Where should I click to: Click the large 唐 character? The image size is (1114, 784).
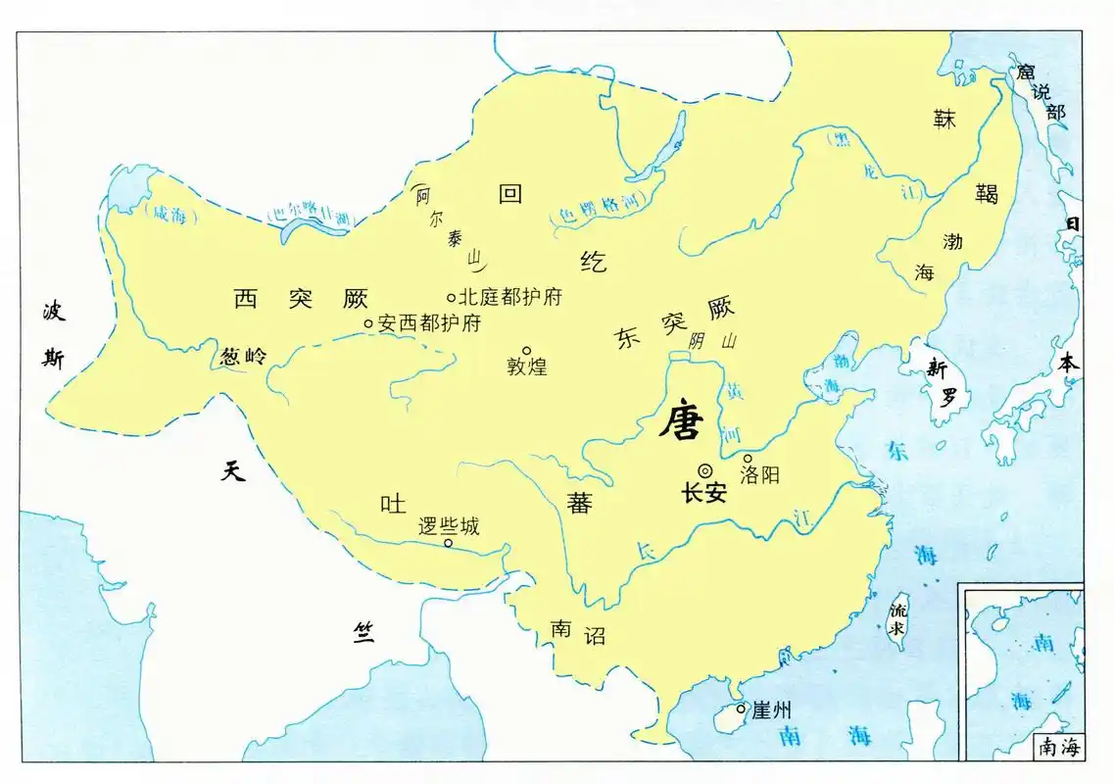[681, 421]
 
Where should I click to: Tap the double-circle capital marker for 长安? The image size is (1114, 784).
[704, 470]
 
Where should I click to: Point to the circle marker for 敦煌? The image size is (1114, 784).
[526, 350]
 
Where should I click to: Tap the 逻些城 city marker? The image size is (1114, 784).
[448, 543]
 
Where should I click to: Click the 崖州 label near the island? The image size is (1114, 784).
[771, 710]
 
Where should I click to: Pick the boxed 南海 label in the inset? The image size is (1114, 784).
[1057, 748]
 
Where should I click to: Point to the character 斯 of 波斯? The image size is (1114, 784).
[53, 360]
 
